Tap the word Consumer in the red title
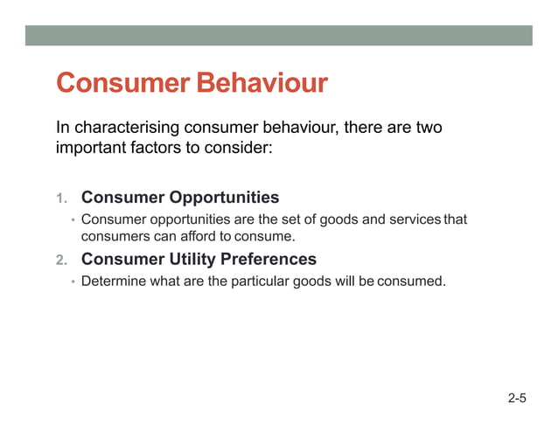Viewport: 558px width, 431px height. (122, 84)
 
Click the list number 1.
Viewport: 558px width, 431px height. (61, 198)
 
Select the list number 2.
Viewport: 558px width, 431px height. (61, 261)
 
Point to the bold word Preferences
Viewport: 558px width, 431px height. (266, 260)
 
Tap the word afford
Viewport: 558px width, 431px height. (198, 236)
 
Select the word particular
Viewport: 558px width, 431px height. (265, 282)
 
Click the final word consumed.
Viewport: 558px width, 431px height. (412, 282)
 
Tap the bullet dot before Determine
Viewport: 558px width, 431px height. (73, 282)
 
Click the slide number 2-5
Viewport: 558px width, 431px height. (517, 400)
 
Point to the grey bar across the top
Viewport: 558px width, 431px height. (278, 35)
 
